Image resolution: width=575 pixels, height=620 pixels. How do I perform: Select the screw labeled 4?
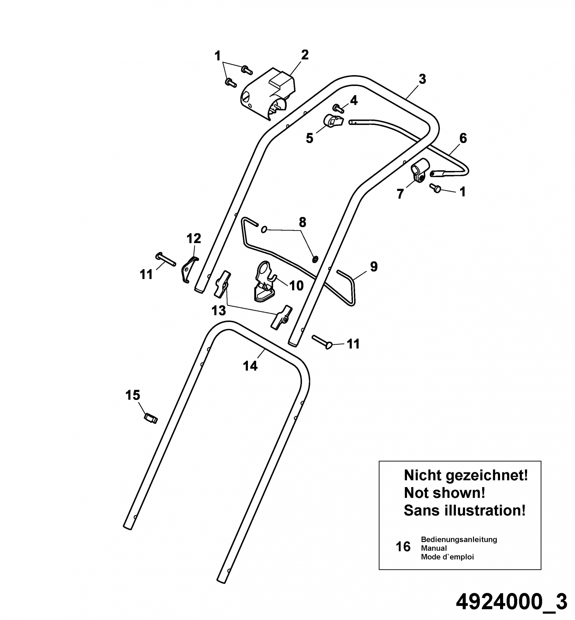(x=338, y=108)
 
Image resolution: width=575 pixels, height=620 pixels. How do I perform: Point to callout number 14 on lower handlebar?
(x=250, y=366)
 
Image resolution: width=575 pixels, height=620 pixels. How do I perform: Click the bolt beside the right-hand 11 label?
(x=322, y=342)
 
